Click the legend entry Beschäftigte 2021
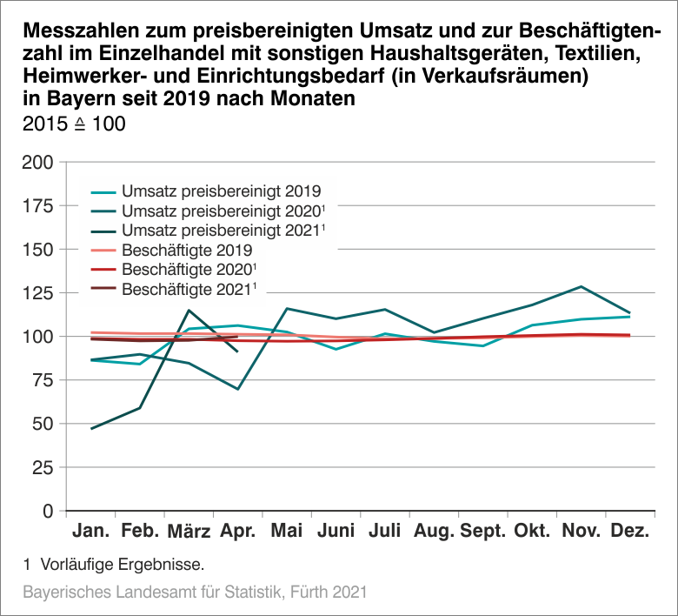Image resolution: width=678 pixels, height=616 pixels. coord(189,288)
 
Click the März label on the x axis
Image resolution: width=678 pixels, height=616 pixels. coord(189,532)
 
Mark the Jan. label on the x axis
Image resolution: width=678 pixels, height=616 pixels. coord(91,532)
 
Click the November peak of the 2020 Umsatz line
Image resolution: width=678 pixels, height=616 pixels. coord(581,286)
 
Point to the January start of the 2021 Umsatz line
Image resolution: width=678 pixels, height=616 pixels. coord(91,429)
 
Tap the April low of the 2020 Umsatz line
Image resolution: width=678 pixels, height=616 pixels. coord(238,389)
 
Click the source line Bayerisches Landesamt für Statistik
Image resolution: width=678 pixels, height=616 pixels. coord(193,593)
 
